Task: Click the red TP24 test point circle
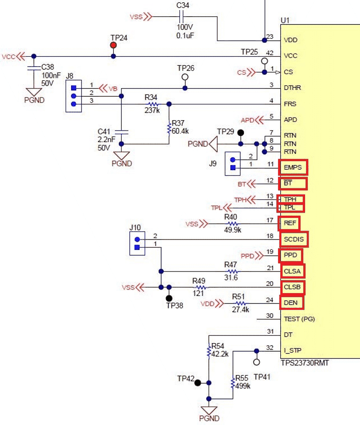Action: click(113, 45)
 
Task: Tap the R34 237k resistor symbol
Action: click(152, 104)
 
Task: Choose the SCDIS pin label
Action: click(294, 239)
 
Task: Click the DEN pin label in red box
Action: click(291, 303)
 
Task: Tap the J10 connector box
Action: click(137, 244)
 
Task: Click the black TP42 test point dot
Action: click(198, 383)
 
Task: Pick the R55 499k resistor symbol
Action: click(233, 384)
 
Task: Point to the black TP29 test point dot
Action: click(241, 133)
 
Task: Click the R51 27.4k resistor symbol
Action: click(240, 303)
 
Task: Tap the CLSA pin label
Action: click(292, 271)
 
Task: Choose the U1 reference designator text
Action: click(285, 20)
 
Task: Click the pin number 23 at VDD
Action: click(270, 37)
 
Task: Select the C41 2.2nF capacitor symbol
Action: click(121, 131)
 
